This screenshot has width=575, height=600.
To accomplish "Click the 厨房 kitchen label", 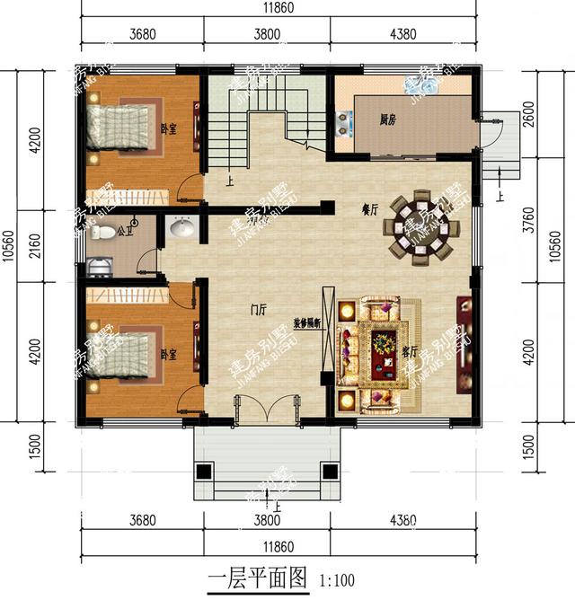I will (x=387, y=119).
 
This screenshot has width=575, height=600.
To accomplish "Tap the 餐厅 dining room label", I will (x=369, y=208).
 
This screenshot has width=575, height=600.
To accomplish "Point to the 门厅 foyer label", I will (x=258, y=310).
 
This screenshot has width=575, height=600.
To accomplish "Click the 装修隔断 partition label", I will (x=308, y=323).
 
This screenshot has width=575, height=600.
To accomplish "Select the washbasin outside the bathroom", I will (x=182, y=228).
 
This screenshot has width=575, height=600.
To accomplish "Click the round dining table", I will (x=422, y=227).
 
